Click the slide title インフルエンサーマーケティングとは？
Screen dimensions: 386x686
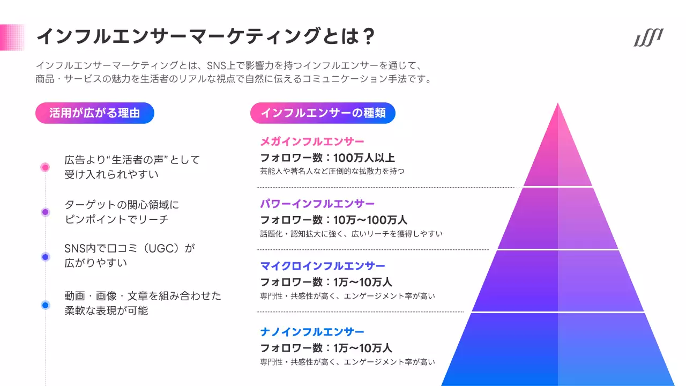(x=204, y=37)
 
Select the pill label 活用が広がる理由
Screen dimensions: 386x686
(x=95, y=113)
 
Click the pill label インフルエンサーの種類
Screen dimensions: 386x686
(x=323, y=113)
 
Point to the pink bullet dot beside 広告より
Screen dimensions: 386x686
(x=45, y=167)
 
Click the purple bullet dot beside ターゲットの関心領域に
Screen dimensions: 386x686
(x=45, y=212)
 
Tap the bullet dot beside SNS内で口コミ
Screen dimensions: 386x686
(x=45, y=257)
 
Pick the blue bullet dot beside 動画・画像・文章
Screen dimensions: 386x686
(x=45, y=305)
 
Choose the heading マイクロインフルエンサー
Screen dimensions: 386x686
(x=323, y=266)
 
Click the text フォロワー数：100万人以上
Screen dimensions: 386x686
(x=327, y=158)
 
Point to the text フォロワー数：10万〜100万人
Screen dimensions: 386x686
(x=334, y=220)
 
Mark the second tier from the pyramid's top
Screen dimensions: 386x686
(x=558, y=219)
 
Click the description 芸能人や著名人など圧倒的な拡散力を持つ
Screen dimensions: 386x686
(x=332, y=172)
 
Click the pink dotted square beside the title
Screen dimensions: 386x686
(x=12, y=37)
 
